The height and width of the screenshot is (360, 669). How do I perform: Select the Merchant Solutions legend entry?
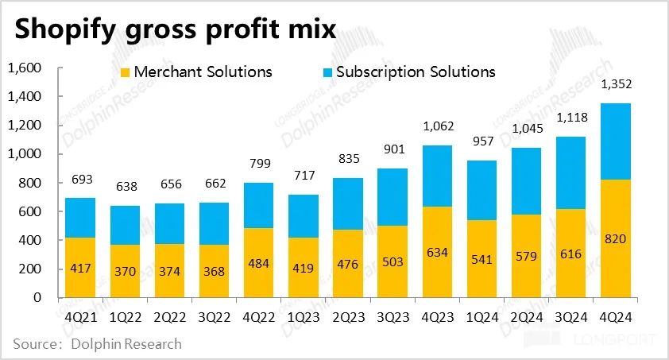point(195,72)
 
